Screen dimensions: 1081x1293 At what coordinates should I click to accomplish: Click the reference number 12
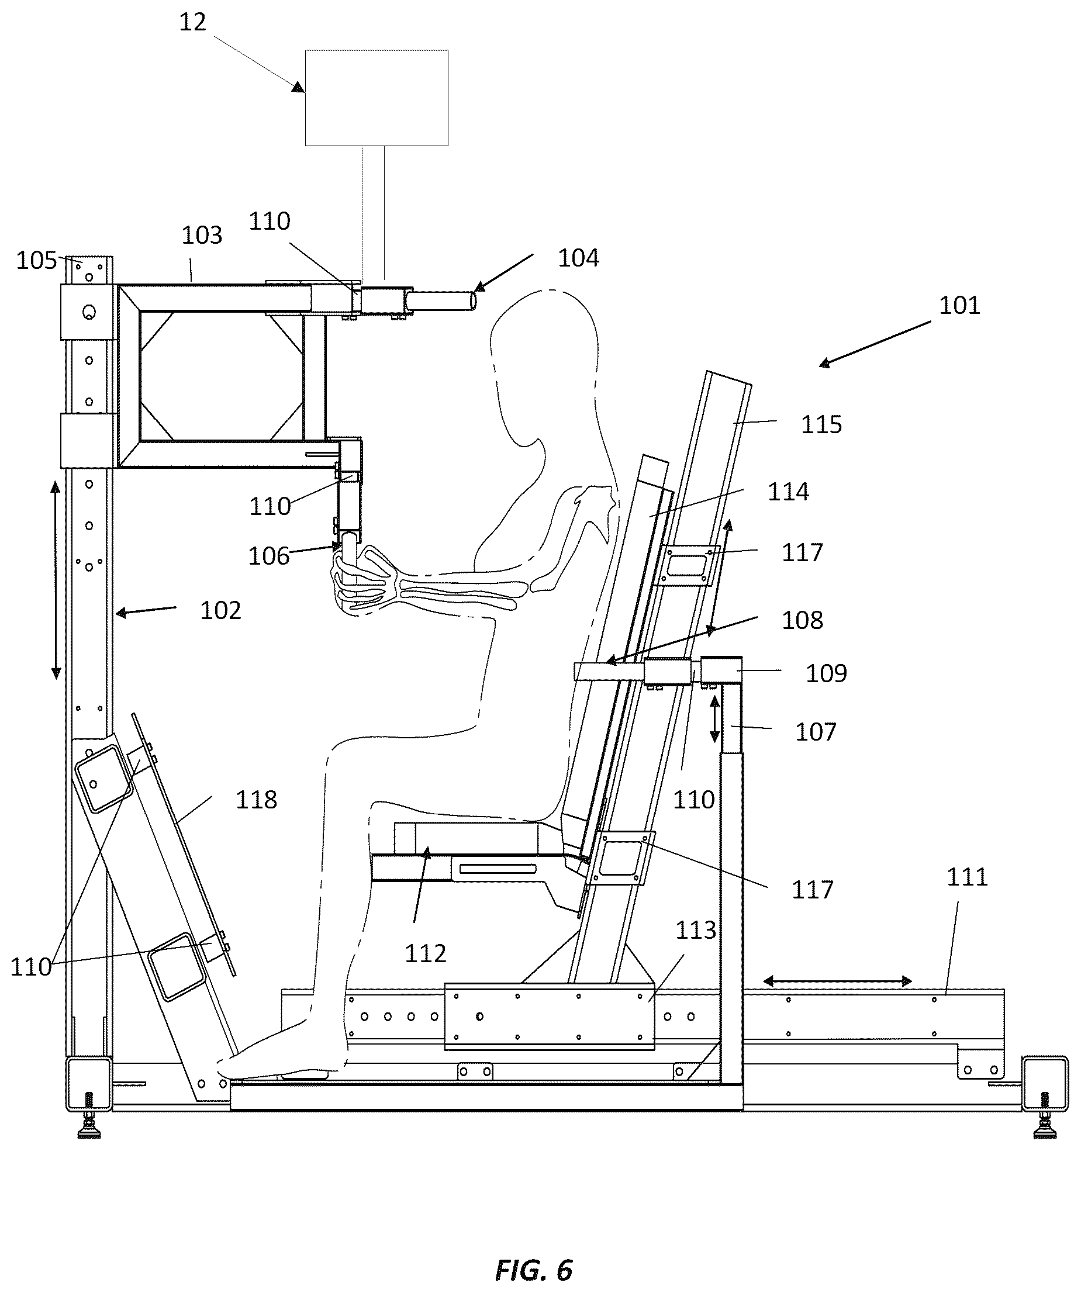coord(192,23)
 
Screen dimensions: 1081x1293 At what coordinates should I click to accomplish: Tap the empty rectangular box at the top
coord(377,98)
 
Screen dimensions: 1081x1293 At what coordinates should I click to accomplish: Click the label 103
coord(202,235)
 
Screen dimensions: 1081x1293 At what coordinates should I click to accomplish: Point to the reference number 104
coord(578,258)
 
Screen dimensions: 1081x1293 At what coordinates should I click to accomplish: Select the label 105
coord(36,261)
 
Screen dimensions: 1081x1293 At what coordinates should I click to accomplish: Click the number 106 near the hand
coord(268,556)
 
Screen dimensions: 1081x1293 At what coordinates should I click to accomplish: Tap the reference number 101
coord(959,305)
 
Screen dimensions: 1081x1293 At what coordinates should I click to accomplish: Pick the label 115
coord(821,425)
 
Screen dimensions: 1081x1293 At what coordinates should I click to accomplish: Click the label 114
coord(788,492)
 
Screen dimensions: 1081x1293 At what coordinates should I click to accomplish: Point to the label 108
coord(802,620)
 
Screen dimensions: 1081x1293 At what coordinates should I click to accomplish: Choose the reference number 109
coord(826,673)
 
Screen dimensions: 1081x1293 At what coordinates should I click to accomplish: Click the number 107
coord(816,732)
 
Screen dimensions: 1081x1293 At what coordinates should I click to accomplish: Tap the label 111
coord(966,877)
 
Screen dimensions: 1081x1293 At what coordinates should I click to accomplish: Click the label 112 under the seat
coord(425,954)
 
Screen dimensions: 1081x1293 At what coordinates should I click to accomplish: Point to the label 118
coord(256,800)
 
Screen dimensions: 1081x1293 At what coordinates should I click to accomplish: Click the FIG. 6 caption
coord(534,1270)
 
